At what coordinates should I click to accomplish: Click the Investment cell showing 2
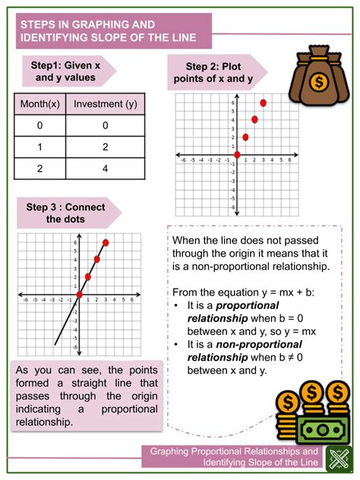pyautogui.click(x=104, y=147)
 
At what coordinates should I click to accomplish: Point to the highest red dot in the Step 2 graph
pyautogui.click(x=264, y=103)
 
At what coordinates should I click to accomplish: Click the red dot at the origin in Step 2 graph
pyautogui.click(x=237, y=154)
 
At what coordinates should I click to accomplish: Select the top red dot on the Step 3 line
pyautogui.click(x=106, y=243)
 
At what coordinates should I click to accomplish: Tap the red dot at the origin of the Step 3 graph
pyautogui.click(x=79, y=295)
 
